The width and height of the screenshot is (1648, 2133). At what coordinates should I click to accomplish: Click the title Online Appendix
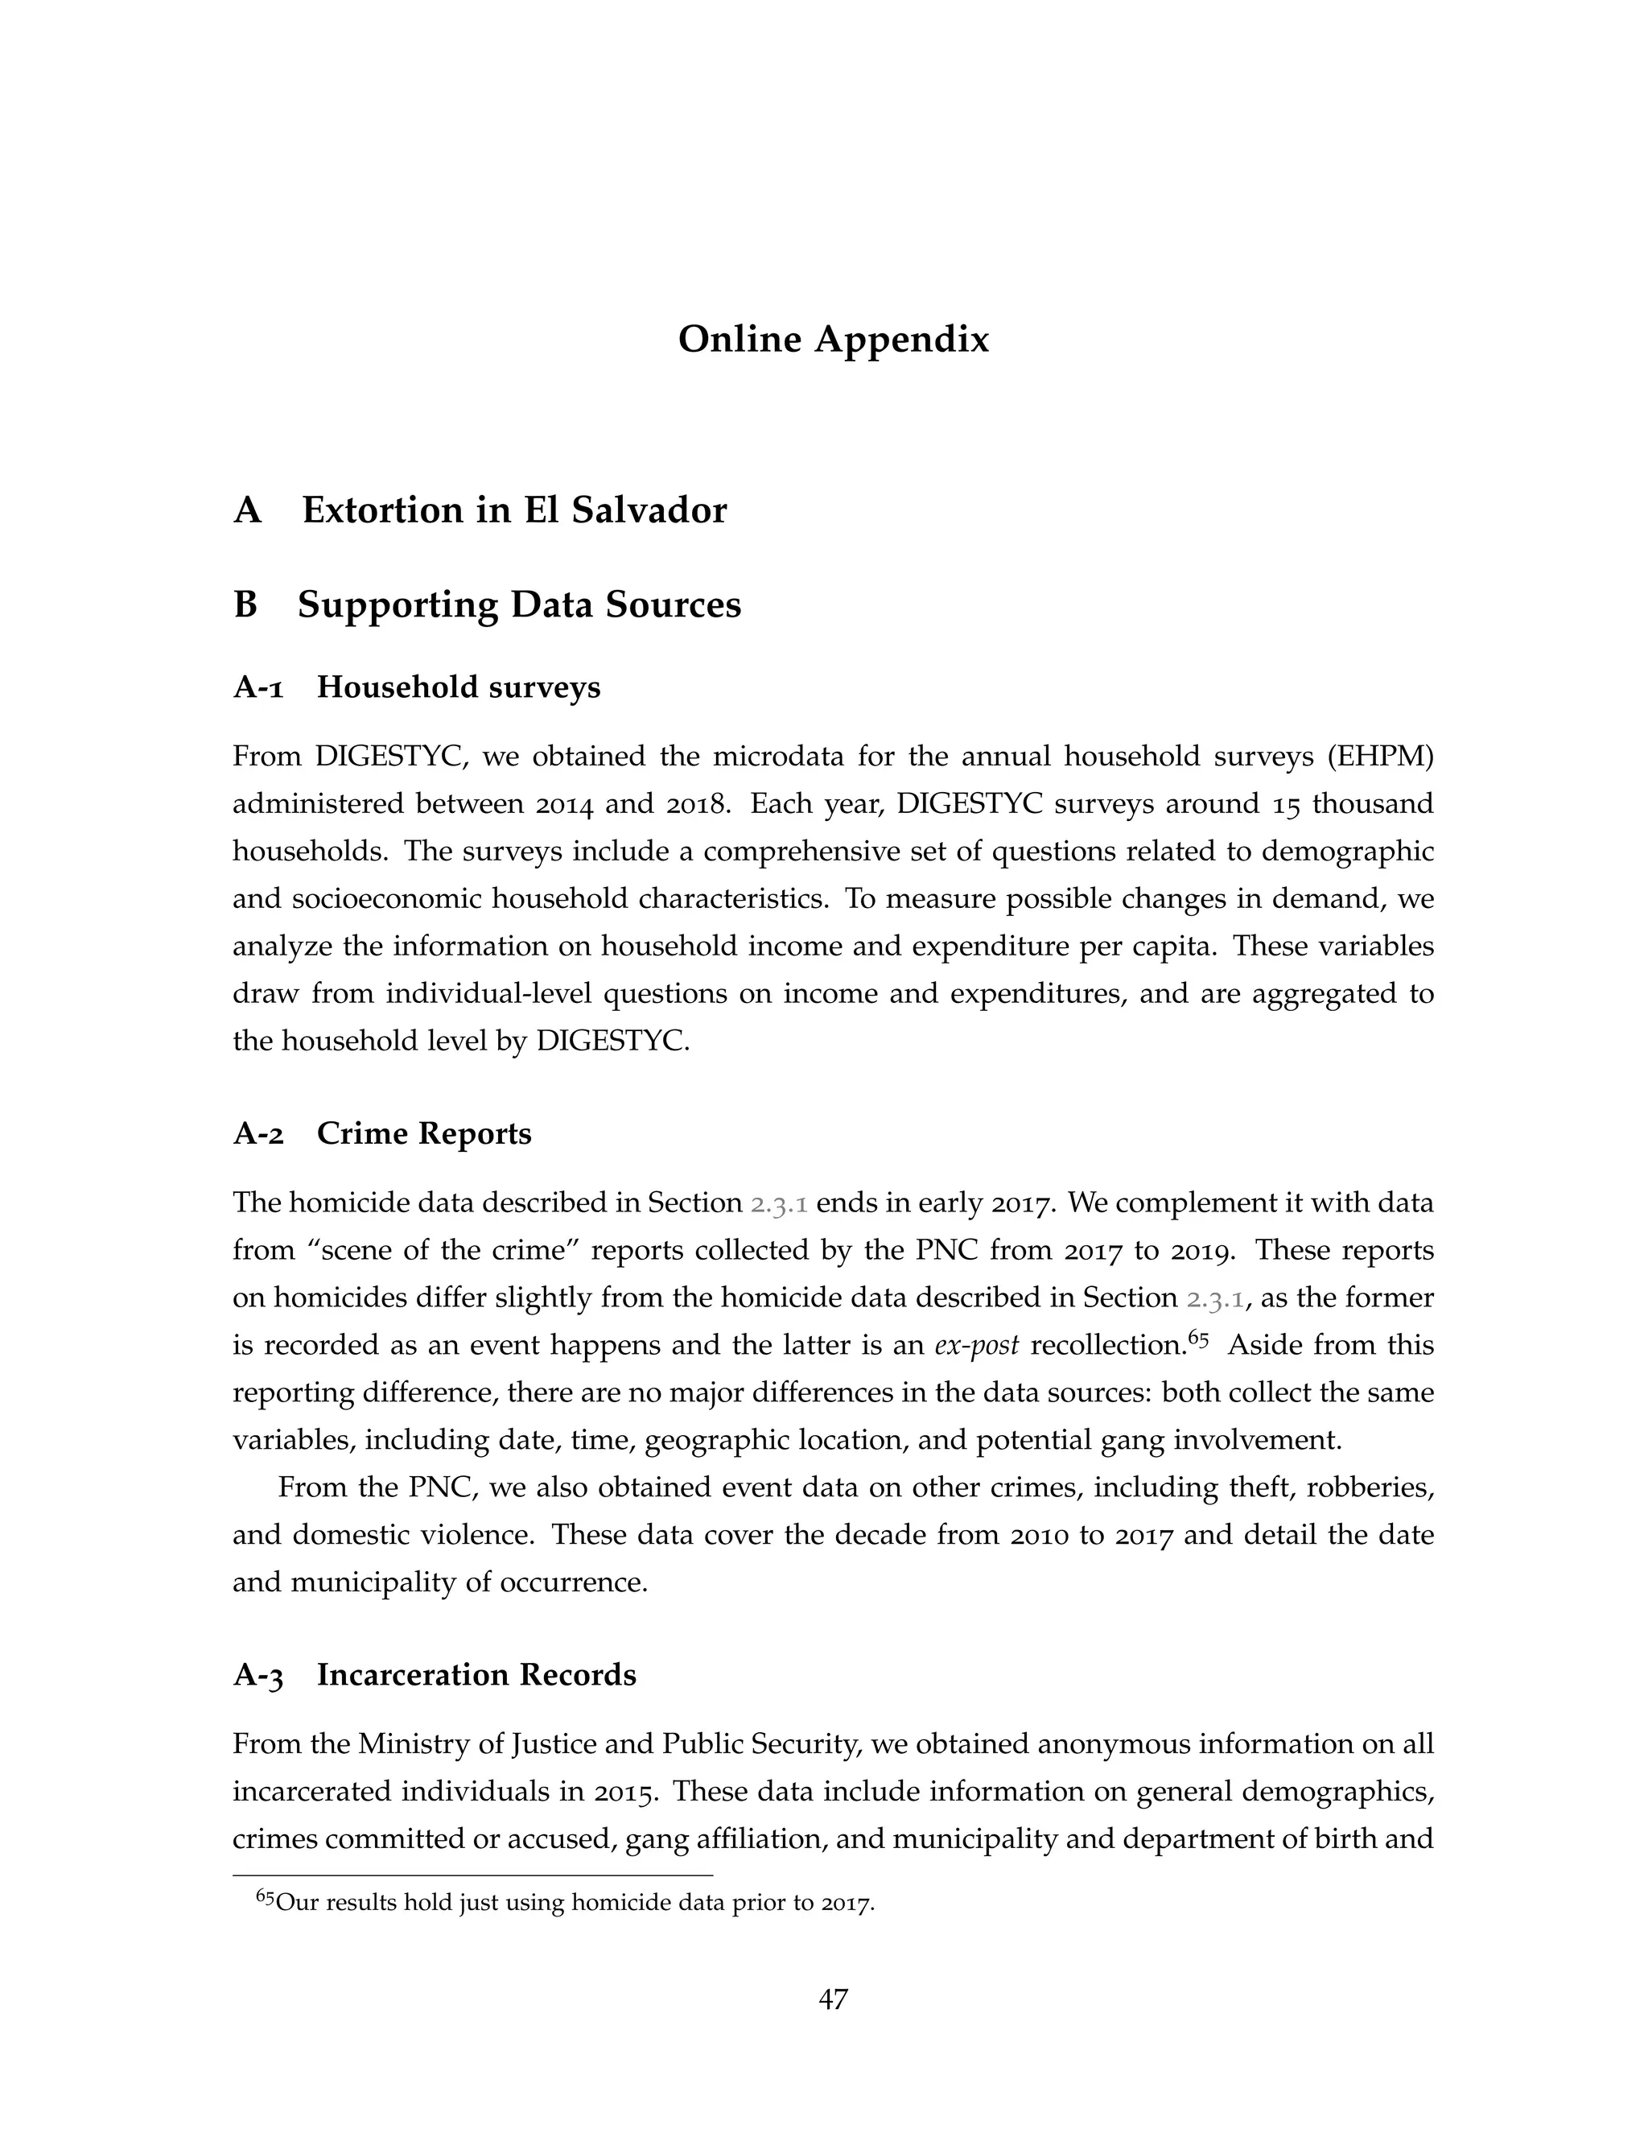pyautogui.click(x=833, y=340)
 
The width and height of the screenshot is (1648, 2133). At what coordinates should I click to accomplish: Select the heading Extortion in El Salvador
pyautogui.click(x=513, y=511)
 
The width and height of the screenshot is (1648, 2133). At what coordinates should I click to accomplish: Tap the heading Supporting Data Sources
pyautogui.click(x=518, y=604)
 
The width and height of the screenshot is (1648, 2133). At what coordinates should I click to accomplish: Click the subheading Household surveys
pyautogui.click(x=458, y=687)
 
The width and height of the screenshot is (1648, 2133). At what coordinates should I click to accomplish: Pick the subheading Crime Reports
pyautogui.click(x=424, y=1134)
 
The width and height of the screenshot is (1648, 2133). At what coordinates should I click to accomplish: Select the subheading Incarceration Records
pyautogui.click(x=476, y=1675)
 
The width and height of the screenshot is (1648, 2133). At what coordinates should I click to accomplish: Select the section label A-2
pyautogui.click(x=257, y=1134)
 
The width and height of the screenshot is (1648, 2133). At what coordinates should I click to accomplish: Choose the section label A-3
pyautogui.click(x=257, y=1675)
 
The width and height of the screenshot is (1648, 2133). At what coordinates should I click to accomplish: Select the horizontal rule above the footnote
pyautogui.click(x=472, y=1876)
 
